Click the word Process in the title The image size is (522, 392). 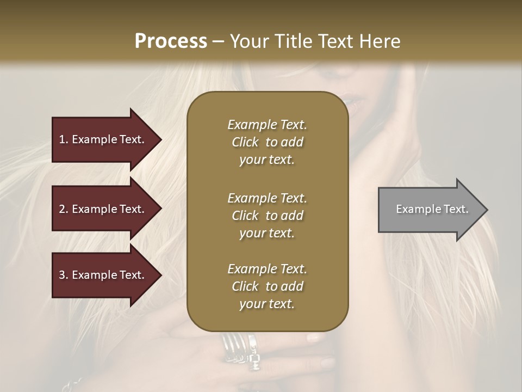pos(171,41)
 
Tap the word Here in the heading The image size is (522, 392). pos(380,41)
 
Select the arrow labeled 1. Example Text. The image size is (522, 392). pos(103,139)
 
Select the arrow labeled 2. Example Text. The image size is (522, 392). pos(103,209)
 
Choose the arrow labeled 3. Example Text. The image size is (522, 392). pos(103,275)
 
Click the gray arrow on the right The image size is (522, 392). pos(430,210)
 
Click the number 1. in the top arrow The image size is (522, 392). pos(64,139)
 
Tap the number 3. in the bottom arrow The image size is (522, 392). pos(64,275)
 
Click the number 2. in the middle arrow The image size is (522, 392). pos(64,209)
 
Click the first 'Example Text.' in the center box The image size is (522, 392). pos(267,125)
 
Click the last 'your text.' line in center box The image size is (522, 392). pos(267,304)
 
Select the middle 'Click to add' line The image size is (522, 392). pos(267,216)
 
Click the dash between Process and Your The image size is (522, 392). pos(219,41)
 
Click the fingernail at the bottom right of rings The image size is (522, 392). pos(327,362)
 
